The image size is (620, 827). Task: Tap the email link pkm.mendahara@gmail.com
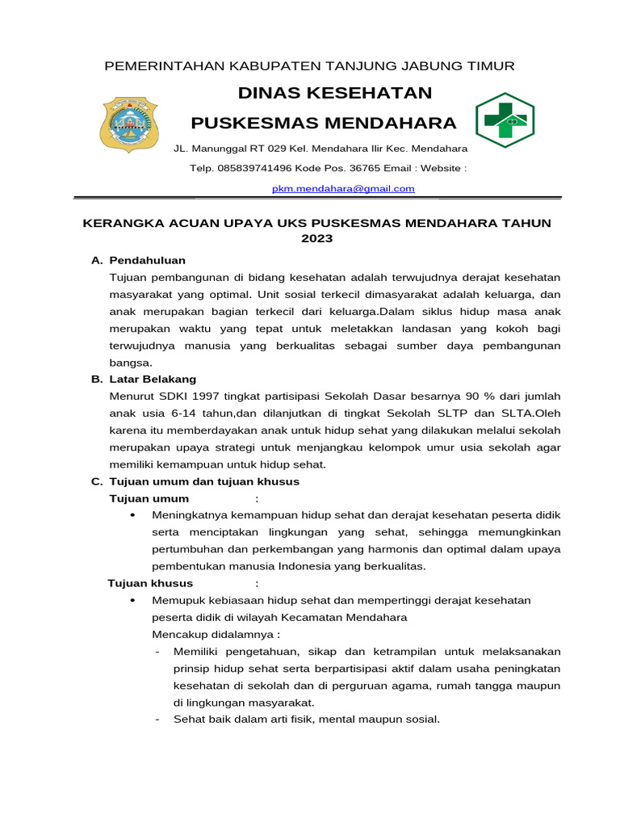pos(343,188)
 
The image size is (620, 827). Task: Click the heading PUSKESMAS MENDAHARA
pos(323,123)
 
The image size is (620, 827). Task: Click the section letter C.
pos(96,481)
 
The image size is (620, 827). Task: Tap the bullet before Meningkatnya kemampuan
pos(132,515)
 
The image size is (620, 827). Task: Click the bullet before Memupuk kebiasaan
pos(132,600)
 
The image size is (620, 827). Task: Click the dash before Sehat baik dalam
pos(157,720)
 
